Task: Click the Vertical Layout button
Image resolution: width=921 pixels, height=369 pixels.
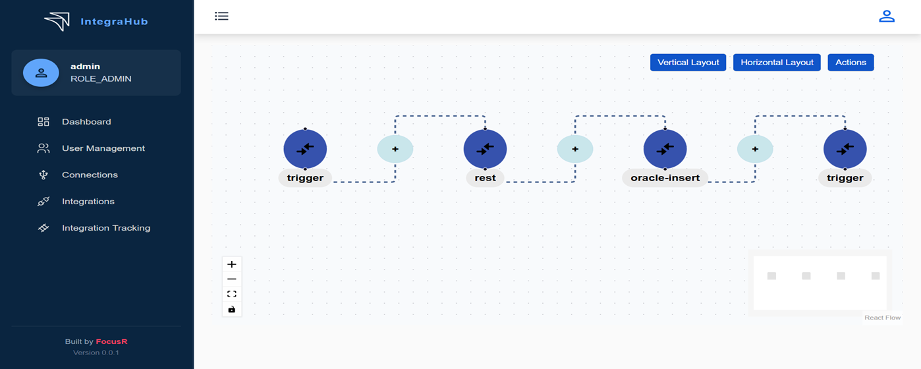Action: point(688,63)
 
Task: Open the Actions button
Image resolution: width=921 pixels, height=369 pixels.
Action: point(851,63)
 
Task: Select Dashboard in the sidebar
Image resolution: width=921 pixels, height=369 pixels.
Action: point(86,122)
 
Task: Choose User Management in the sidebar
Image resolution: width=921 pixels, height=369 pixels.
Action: point(103,148)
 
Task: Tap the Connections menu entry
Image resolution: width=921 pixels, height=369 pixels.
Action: point(90,175)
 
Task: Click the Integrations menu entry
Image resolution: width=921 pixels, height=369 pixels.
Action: point(88,202)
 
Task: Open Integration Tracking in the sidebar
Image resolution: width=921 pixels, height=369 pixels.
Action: point(106,228)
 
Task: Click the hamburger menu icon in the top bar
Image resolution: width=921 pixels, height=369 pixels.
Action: point(221,16)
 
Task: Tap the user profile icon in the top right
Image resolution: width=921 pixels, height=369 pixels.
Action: point(887,16)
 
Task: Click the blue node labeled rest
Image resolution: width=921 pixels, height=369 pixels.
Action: point(485,149)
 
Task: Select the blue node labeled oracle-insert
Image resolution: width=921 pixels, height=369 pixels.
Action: point(665,149)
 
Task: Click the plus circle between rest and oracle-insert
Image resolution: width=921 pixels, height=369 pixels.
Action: point(575,149)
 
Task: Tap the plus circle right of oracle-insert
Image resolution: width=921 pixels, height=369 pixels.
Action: point(755,149)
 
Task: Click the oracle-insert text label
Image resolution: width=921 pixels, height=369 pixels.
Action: point(665,178)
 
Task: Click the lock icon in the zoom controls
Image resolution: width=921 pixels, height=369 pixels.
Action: point(232,309)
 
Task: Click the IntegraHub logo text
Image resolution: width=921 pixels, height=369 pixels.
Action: point(114,22)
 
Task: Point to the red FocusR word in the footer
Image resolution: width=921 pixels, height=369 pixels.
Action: point(111,341)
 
